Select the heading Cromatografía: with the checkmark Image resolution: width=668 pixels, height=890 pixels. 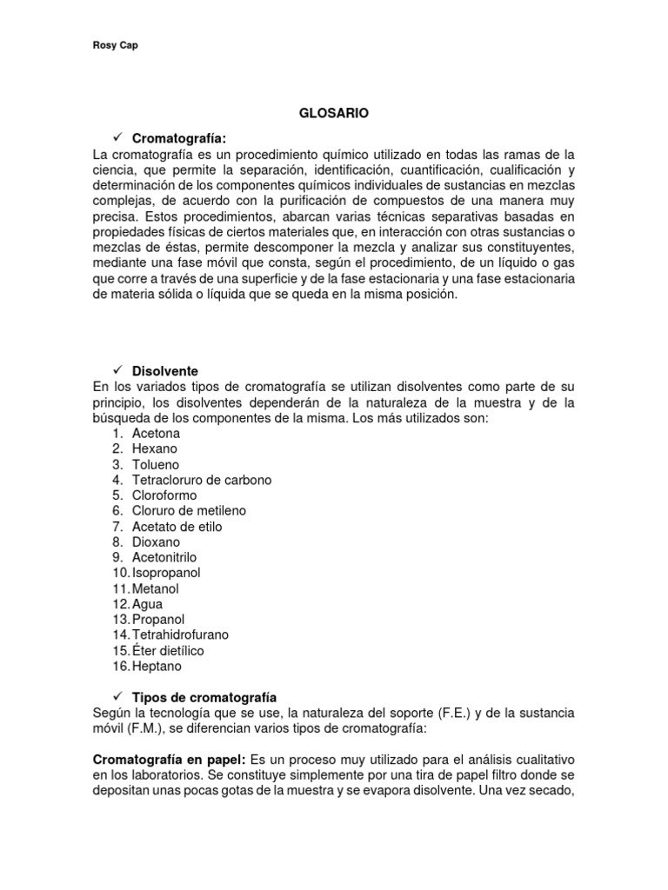178,138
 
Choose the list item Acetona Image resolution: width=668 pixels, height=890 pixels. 157,433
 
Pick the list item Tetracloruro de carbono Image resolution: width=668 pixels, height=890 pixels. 201,480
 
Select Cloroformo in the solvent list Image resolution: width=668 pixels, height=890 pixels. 164,495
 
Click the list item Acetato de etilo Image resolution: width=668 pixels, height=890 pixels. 177,527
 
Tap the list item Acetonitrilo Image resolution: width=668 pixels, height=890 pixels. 164,557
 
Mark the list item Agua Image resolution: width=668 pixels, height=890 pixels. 147,604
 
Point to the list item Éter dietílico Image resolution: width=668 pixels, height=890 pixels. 167,651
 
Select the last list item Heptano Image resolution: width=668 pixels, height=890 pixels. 157,667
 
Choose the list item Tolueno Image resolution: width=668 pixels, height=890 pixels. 156,464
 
